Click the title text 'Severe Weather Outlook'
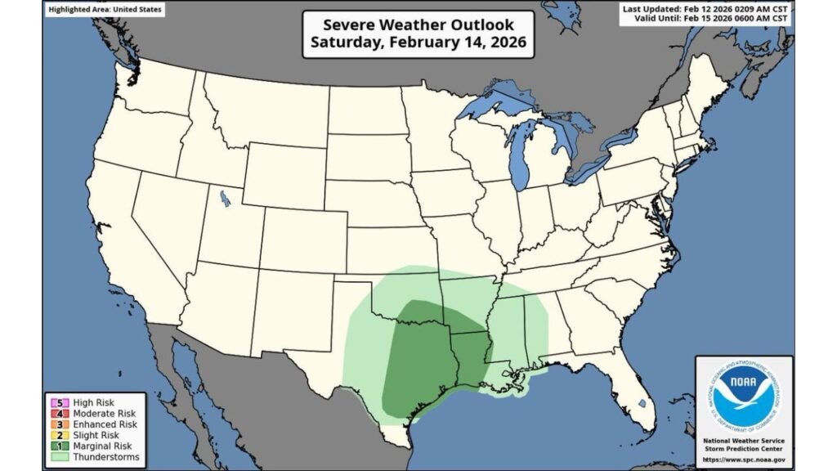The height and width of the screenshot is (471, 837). click(x=418, y=23)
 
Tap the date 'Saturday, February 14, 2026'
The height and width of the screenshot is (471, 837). click(x=418, y=42)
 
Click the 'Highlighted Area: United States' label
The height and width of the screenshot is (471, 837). click(x=104, y=10)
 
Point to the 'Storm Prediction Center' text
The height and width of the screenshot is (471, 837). click(x=744, y=449)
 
